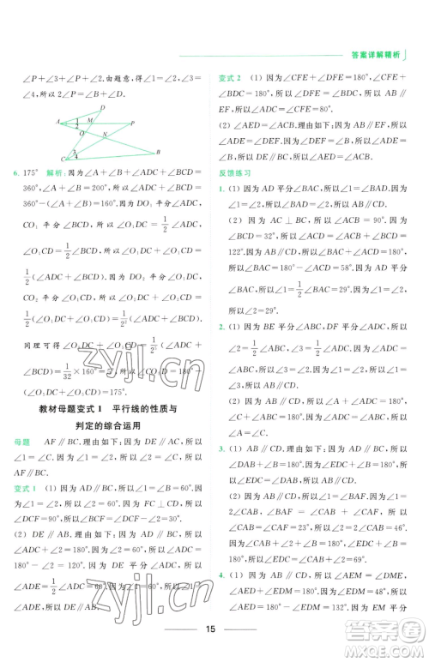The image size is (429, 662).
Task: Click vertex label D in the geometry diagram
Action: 103,108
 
